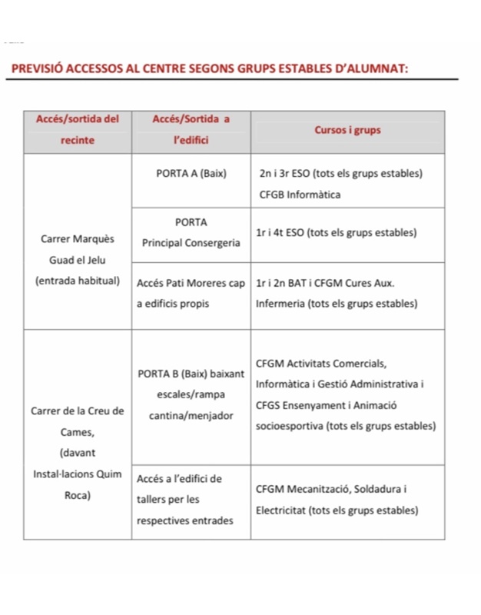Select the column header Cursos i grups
tap(348, 131)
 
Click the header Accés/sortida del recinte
tap(78, 131)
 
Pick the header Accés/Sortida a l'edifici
tap(191, 131)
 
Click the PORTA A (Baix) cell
tap(191, 174)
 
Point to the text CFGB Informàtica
tap(300, 194)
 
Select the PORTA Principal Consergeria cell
tap(191, 233)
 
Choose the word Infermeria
tap(283, 304)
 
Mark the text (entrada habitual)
tap(78, 282)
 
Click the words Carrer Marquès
tap(78, 240)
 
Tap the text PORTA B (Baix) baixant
tap(191, 374)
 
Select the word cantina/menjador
tap(191, 415)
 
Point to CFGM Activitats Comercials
tap(321, 364)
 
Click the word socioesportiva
tap(290, 426)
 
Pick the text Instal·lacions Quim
tap(78, 474)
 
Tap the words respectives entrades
tap(184, 521)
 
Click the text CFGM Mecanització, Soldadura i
tap(330, 490)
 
